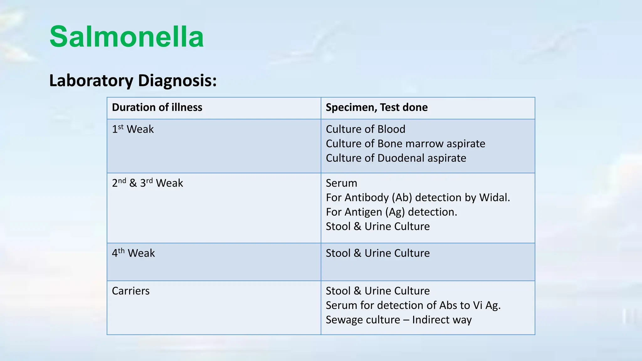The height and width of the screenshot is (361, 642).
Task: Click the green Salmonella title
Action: pyautogui.click(x=127, y=37)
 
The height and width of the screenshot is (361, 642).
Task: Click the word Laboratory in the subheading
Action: pyautogui.click(x=91, y=81)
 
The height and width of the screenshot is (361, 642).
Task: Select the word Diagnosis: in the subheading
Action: pyautogui.click(x=177, y=81)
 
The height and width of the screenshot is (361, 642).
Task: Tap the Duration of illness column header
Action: pyautogui.click(x=157, y=107)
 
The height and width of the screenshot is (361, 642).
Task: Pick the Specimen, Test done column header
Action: pyautogui.click(x=376, y=107)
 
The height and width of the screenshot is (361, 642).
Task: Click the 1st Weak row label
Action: pyautogui.click(x=133, y=129)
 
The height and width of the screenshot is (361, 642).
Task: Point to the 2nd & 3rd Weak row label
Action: pyautogui.click(x=147, y=183)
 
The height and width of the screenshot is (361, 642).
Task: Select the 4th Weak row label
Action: pyautogui.click(x=133, y=253)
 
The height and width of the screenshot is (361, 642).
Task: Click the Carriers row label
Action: pyautogui.click(x=131, y=291)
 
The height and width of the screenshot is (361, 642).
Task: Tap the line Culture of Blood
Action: pyautogui.click(x=366, y=129)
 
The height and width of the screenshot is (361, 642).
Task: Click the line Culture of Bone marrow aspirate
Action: pyautogui.click(x=405, y=144)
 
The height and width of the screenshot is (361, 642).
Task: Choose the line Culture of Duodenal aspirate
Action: pyautogui.click(x=396, y=158)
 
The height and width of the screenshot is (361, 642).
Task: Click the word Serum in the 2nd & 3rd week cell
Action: pyautogui.click(x=341, y=183)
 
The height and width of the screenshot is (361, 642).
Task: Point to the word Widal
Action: pyautogui.click(x=494, y=197)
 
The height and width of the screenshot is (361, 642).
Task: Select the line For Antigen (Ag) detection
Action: pyautogui.click(x=391, y=212)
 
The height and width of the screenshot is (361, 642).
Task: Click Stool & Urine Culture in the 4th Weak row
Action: pyautogui.click(x=378, y=253)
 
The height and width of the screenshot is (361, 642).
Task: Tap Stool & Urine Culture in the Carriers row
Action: pyautogui.click(x=378, y=291)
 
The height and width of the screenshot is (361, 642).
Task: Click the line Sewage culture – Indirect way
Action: pyautogui.click(x=398, y=320)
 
